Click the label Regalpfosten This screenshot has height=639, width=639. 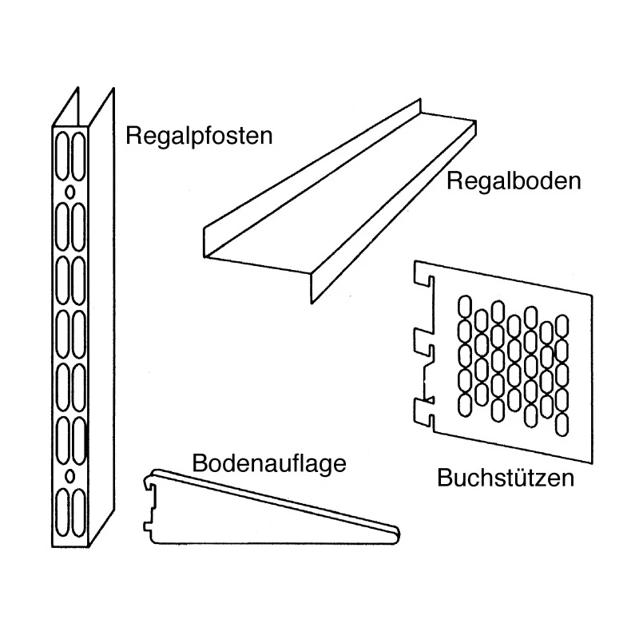(199, 137)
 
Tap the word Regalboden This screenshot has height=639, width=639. (514, 181)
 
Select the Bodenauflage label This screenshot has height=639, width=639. (269, 464)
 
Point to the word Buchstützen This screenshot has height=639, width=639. (506, 478)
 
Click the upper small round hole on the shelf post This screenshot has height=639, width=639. (70, 192)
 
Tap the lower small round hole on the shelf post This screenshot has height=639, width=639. (70, 475)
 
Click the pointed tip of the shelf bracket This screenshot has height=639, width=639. (398, 534)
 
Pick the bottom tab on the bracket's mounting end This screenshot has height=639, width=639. (147, 526)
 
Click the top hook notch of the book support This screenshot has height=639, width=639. (424, 280)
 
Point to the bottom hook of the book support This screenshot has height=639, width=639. (424, 411)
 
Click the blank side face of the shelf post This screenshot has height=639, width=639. (102, 318)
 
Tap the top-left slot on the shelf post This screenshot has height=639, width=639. (62, 156)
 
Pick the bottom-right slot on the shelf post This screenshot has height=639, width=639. (78, 513)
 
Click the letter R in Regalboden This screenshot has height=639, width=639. (454, 181)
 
